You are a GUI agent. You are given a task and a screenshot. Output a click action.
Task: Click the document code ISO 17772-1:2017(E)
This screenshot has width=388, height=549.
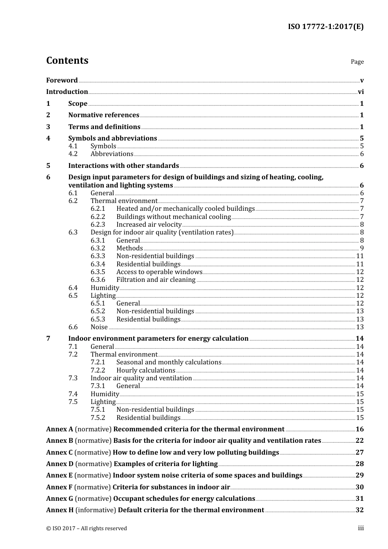coord(326,27)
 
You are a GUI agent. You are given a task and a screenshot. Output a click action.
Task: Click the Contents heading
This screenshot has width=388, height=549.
coord(67,60)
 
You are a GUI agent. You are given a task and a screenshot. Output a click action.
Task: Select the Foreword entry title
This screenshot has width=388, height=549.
coord(62,80)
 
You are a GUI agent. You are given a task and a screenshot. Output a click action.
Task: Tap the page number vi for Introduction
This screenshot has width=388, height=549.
coord(361,92)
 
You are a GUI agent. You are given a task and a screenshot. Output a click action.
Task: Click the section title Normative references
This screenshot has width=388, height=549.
coord(104,115)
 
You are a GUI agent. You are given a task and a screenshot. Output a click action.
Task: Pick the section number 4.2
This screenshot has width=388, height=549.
coord(73,154)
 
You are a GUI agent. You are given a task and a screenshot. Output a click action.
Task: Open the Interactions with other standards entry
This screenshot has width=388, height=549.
coord(123,166)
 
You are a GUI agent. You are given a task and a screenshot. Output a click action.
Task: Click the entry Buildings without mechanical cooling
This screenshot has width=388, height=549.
coord(174,217)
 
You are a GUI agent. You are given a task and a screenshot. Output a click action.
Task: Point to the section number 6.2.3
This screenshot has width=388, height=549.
coord(98,225)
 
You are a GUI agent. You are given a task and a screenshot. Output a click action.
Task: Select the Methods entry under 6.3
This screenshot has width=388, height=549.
coord(129,248)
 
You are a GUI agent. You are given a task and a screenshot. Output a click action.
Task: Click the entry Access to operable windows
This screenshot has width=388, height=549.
coord(159,272)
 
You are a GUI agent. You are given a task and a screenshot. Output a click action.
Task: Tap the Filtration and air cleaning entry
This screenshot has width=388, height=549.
coord(156,280)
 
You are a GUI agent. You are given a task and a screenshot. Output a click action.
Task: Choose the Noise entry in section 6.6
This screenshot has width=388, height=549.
coord(99,327)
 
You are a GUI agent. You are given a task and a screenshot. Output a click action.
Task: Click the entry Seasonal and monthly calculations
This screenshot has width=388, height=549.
coord(169,362)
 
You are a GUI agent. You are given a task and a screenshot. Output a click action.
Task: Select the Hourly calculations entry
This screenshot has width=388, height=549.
coord(146,370)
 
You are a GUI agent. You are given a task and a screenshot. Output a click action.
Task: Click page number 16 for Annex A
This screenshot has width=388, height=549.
coord(359,429)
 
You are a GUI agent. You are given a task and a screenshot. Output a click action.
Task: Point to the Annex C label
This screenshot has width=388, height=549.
coord(59,453)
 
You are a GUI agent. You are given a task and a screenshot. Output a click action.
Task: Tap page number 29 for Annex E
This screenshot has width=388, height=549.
coord(359,475)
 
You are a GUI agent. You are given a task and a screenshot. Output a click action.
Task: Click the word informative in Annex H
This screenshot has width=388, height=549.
coord(96,510)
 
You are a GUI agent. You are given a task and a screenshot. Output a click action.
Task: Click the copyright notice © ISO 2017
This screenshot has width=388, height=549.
coord(87,529)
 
